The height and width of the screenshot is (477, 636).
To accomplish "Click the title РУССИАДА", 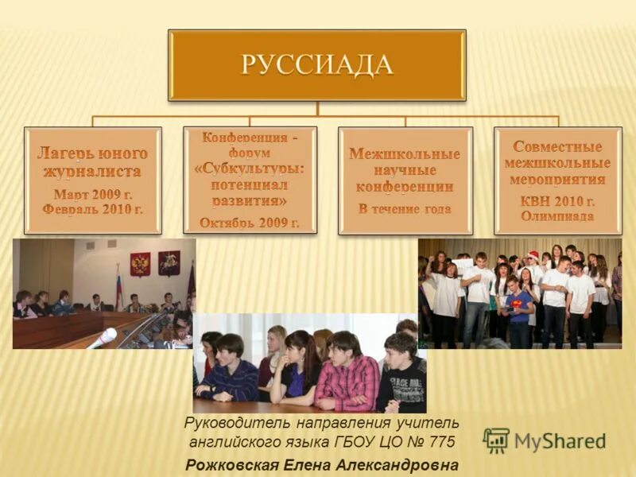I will tap(316, 64).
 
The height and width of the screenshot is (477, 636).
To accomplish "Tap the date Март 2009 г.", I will tap(93, 193).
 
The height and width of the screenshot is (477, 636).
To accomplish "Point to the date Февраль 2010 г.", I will tap(93, 209).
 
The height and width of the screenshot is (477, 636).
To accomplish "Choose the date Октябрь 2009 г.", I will tap(250, 222).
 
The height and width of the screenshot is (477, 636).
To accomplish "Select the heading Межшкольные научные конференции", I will tap(405, 170).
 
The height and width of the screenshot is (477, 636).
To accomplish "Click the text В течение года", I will tap(405, 209).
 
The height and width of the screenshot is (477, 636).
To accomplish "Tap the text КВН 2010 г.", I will tap(557, 200).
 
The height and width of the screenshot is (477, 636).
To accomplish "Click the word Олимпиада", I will tap(557, 215).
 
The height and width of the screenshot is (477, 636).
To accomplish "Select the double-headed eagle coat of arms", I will tap(141, 264).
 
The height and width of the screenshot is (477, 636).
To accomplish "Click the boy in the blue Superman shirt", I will tap(518, 306).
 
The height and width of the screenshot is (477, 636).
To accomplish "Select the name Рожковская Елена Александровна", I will tap(322, 465).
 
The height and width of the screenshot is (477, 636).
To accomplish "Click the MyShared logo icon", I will tap(496, 440).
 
